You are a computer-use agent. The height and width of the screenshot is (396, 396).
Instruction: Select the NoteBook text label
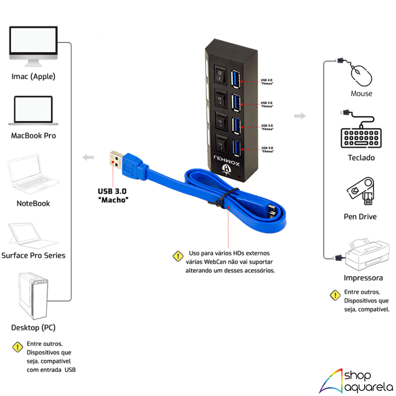[33, 203]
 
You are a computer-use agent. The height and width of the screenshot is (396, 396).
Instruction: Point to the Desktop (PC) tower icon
[32, 296]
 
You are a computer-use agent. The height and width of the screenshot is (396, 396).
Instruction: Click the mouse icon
[361, 75]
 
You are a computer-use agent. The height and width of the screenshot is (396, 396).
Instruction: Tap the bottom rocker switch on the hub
[220, 145]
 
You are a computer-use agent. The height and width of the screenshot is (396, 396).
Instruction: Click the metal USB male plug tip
[116, 160]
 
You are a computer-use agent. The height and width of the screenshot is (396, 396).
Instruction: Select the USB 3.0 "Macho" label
[113, 195]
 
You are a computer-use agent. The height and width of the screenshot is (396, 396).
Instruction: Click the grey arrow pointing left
[89, 157]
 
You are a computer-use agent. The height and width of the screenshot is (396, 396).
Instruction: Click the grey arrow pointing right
[300, 116]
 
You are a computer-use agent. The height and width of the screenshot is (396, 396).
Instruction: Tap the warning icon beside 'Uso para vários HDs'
[178, 256]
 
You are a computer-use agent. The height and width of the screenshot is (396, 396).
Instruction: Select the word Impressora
[363, 278]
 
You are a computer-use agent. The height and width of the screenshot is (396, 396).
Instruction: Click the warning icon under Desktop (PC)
[18, 347]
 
